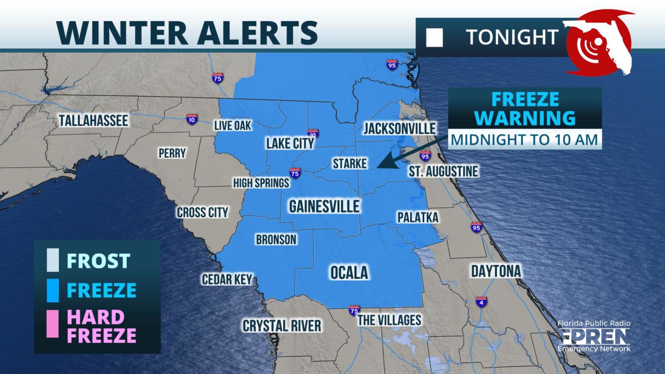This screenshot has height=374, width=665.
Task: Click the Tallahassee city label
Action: point(94,121)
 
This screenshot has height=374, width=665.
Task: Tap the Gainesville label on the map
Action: point(324,206)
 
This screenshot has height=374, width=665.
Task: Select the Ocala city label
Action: point(349,273)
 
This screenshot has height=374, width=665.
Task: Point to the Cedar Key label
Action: point(227,280)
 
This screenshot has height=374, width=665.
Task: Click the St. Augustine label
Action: point(443,171)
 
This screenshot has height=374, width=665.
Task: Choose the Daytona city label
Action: point(496,271)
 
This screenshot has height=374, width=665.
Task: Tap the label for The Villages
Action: point(389,320)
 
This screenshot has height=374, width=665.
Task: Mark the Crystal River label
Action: point(282,326)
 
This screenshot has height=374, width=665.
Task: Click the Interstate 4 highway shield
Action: point(481,302)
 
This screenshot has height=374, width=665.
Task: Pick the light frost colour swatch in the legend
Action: point(53,260)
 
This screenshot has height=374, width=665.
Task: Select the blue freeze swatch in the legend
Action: point(53,290)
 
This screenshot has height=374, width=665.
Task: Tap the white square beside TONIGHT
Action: point(434,38)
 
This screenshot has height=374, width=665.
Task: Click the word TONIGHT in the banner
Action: point(512,37)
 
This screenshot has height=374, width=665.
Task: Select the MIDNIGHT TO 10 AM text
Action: point(524,140)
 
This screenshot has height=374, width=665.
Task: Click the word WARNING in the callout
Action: point(525,118)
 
